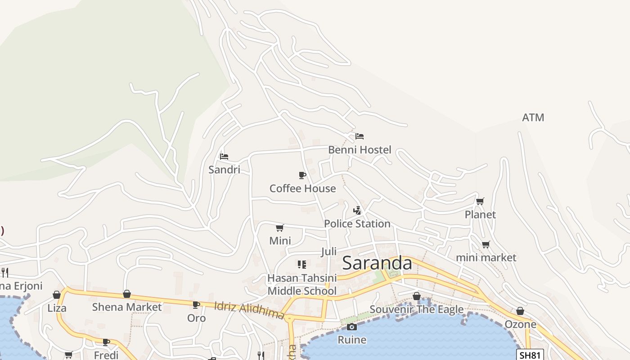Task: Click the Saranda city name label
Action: [377, 263]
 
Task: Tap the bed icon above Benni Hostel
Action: [360, 136]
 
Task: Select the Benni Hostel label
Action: [360, 149]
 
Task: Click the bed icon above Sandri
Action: [224, 157]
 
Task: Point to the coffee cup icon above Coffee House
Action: [302, 175]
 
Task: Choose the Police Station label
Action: [357, 224]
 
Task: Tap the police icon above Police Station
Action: [357, 210]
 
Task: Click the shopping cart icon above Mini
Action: [280, 228]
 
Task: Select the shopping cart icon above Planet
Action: [480, 201]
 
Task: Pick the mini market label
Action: [486, 257]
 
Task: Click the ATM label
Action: [533, 117]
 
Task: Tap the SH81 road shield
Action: [530, 355]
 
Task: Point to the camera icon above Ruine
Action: [352, 327]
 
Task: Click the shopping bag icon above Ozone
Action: [520, 311]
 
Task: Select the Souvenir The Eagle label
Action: [416, 309]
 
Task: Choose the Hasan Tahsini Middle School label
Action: [302, 284]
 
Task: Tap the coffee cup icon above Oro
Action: [196, 305]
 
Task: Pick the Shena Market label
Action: [126, 307]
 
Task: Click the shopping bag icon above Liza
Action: [57, 295]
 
